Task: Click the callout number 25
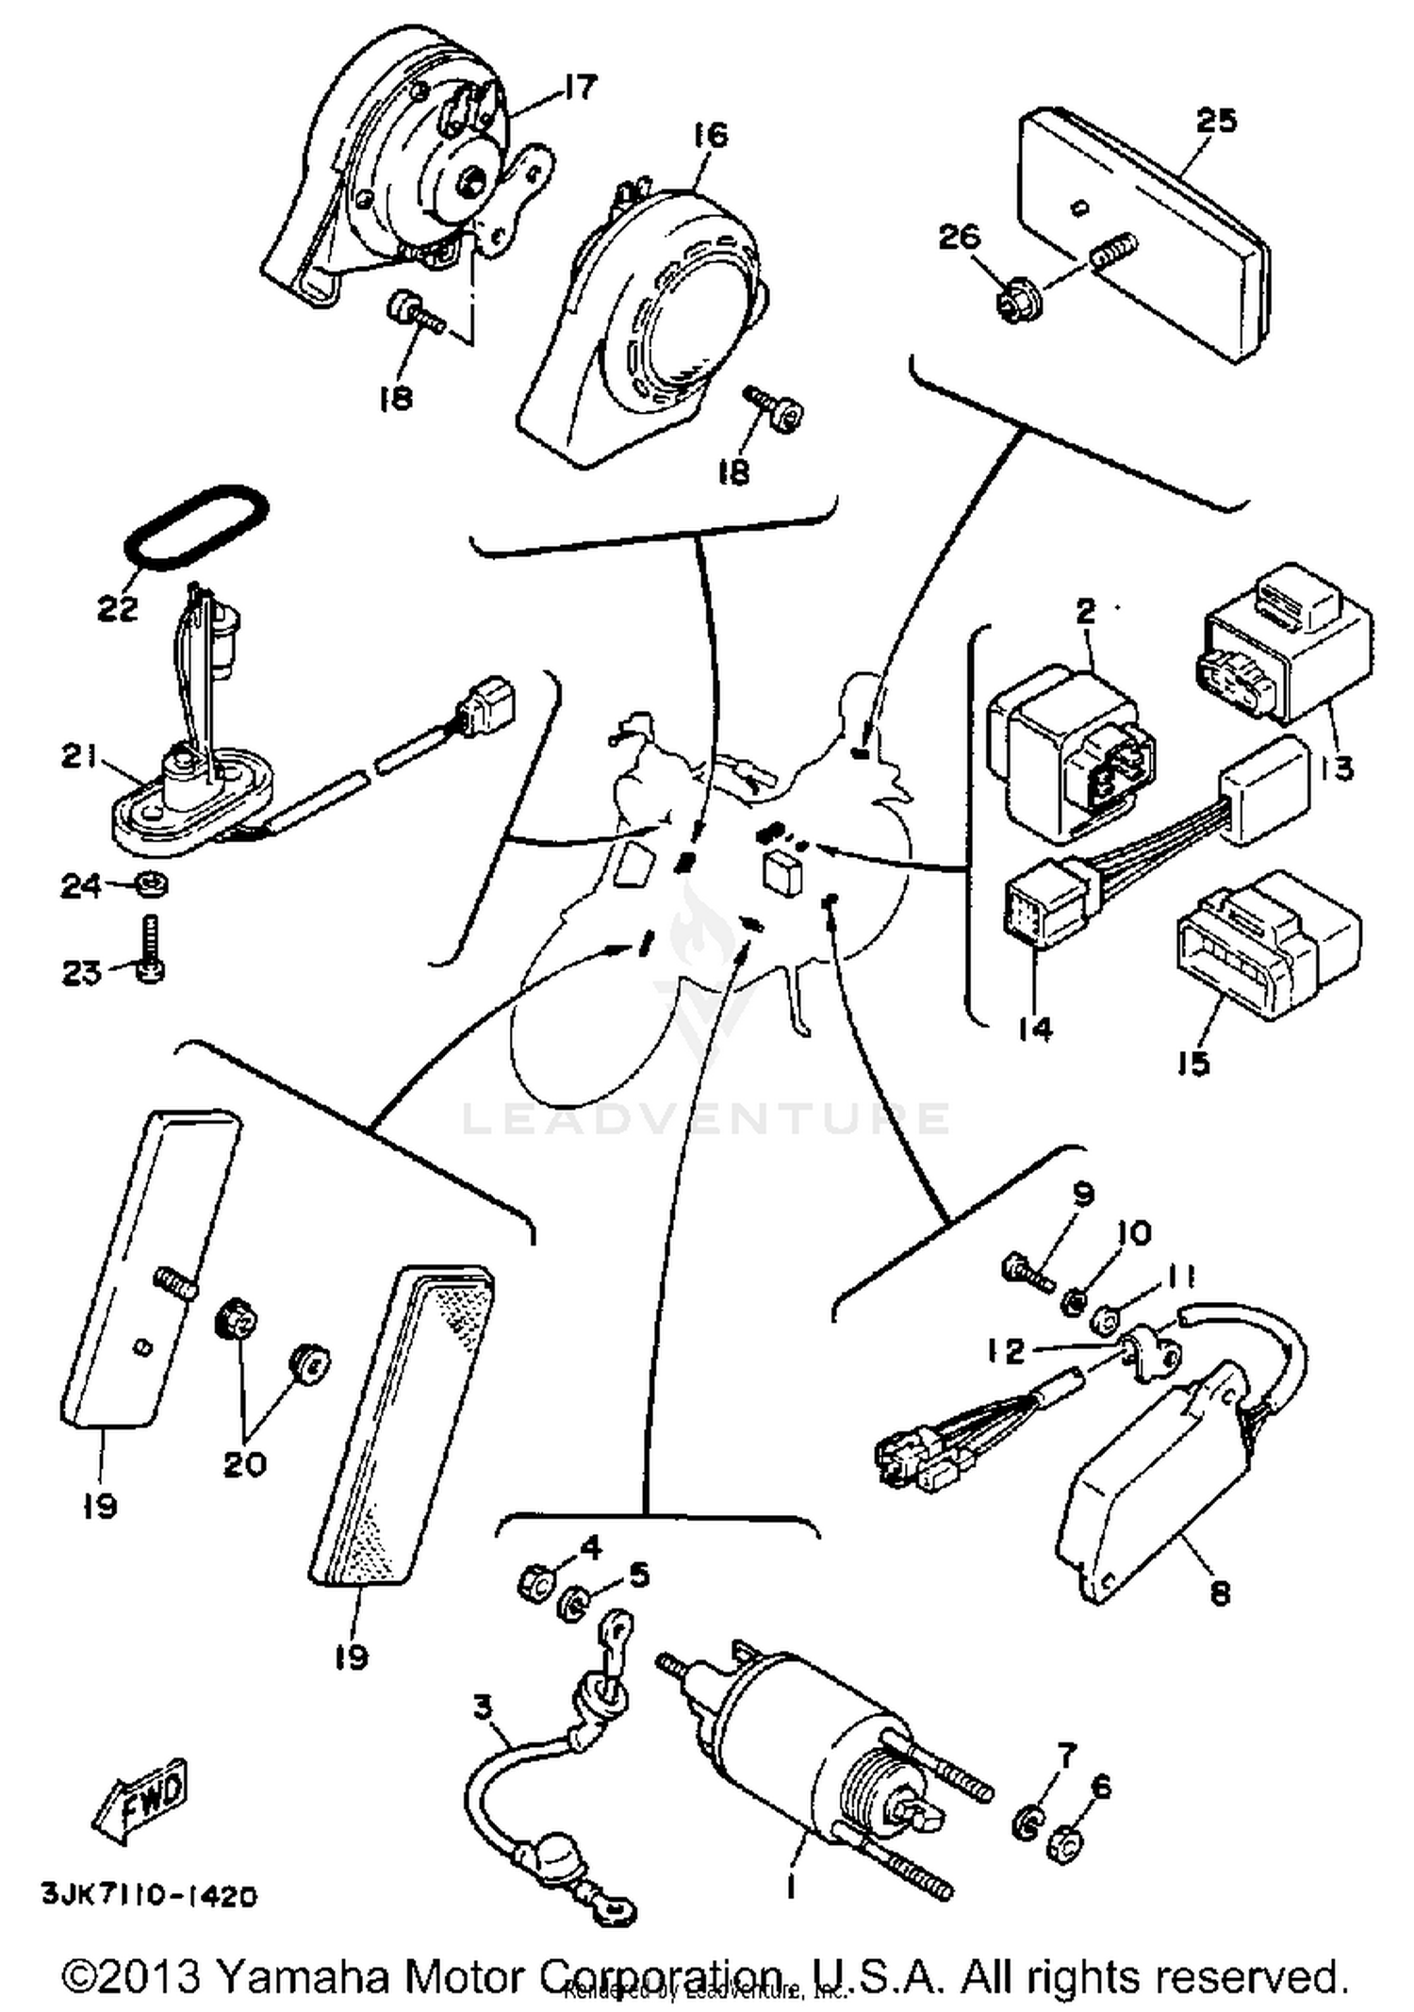[x=1215, y=122]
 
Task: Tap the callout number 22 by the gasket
[x=118, y=609]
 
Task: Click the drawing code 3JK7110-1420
[x=149, y=1895]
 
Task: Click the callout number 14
[x=1034, y=1030]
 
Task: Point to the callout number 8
[x=1220, y=1592]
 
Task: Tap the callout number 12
[x=1007, y=1351]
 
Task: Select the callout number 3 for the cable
[x=483, y=1707]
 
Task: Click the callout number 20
[x=244, y=1464]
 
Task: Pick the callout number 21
[x=80, y=756]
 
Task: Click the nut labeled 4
[x=534, y=1580]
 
